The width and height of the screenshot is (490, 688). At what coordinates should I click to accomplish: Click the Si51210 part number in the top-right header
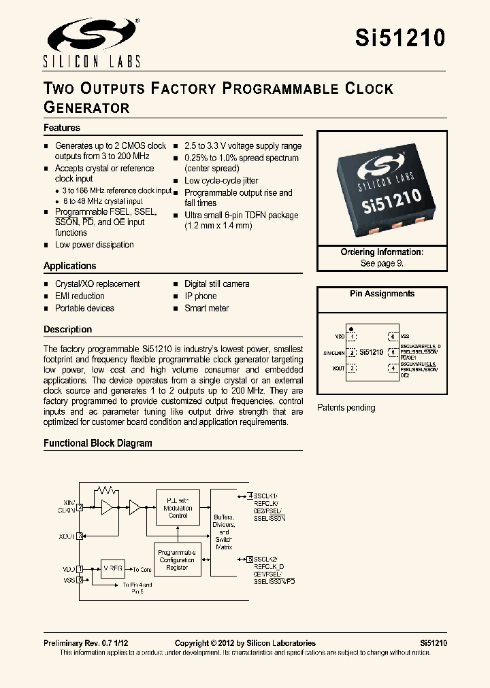pos(400,38)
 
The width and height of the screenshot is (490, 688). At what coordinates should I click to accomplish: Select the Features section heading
pos(62,128)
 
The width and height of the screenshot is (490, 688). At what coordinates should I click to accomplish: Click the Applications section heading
pos(70,266)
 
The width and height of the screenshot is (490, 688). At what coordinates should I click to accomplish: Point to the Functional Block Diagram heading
pos(98,443)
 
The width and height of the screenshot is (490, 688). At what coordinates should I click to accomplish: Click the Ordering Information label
pos(382,252)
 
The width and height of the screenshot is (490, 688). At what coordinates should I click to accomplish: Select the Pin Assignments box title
pos(382,294)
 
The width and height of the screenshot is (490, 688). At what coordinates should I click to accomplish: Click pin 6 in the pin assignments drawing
pos(392,337)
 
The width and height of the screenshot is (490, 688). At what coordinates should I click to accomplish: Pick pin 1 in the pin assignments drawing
pos(352,337)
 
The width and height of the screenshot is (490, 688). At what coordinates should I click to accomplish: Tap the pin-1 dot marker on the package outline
pos(350,328)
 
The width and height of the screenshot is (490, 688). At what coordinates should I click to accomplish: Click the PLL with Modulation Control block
pos(178,506)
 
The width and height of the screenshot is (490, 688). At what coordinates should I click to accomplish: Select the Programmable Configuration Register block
pos(176,560)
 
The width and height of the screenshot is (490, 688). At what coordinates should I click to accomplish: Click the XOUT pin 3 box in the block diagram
pos(80,536)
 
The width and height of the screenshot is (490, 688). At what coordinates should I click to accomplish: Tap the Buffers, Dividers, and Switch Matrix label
pos(223,532)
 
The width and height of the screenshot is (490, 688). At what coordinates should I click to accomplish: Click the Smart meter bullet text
pos(206,308)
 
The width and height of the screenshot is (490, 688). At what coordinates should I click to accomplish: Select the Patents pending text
pos(346,408)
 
